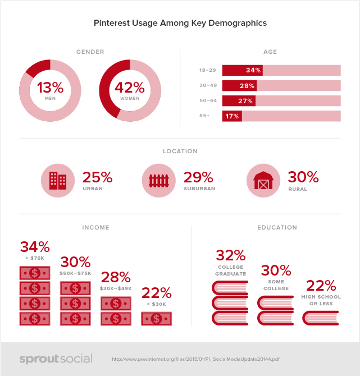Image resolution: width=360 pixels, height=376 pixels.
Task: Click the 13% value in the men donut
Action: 50,88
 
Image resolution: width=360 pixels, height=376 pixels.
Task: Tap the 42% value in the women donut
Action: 130,88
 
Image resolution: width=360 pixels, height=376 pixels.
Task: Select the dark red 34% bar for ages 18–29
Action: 242,71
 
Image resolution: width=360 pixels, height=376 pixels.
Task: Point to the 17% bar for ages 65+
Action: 232,116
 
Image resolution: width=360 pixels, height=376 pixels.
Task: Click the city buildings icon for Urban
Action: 58,180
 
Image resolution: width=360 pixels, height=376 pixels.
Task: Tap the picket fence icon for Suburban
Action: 160,180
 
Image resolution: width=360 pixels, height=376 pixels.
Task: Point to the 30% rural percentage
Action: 303,177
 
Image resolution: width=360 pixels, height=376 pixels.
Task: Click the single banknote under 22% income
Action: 156,318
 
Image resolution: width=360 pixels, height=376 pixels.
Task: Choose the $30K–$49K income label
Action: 116,288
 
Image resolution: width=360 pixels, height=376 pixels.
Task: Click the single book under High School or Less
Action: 321,318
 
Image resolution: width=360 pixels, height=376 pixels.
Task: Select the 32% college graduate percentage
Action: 230,256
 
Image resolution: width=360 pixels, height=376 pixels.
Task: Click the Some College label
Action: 276,285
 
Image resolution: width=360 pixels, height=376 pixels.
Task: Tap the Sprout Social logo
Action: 56,359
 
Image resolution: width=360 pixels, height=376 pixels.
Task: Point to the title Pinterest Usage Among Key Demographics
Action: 180,24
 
